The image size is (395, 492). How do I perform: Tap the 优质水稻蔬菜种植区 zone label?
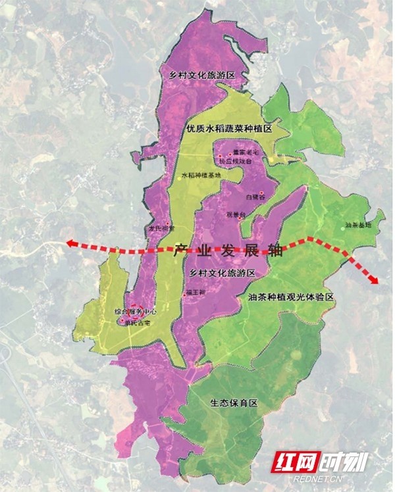[x=228, y=130]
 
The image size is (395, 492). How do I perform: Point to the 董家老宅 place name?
[x=242, y=152]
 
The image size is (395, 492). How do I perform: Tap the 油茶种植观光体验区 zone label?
[x=292, y=298]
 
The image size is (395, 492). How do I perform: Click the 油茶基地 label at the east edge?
[x=358, y=225]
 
